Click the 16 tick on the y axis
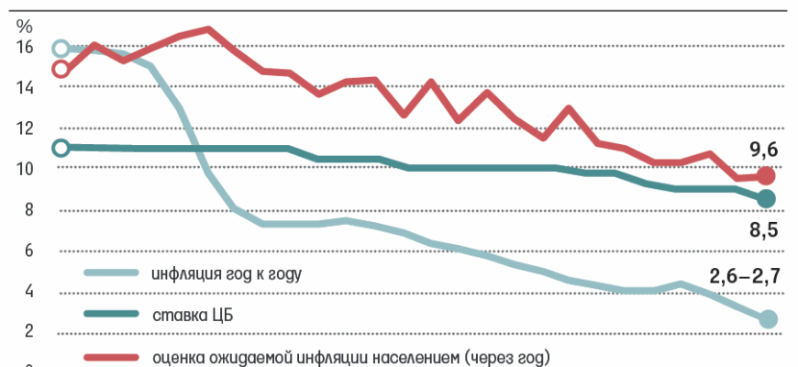pos(24,48)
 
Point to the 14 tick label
pos(24,88)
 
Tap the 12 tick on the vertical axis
pos(24,129)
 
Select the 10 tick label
pos(24,170)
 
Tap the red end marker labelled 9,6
pos(767,175)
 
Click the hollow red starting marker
pos(61,69)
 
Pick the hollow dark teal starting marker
pos(61,147)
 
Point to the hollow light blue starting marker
pos(61,48)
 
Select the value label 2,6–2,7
pos(743,273)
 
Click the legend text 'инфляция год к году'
pos(226,273)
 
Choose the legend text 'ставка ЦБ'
pos(189,315)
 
